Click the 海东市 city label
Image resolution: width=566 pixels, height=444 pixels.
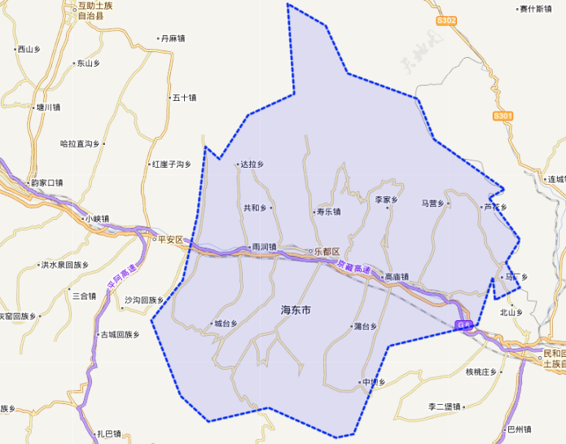click(x=296, y=310)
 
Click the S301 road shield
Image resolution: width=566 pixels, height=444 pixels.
click(x=503, y=116)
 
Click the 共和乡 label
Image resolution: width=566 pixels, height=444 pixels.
click(x=255, y=208)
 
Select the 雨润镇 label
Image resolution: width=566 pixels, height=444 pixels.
click(x=263, y=247)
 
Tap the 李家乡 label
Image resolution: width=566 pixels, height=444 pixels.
click(x=386, y=200)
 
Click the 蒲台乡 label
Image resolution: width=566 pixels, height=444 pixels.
click(x=366, y=327)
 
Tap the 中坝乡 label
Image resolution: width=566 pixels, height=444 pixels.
click(x=372, y=382)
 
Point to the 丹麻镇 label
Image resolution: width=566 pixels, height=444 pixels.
click(x=173, y=38)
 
